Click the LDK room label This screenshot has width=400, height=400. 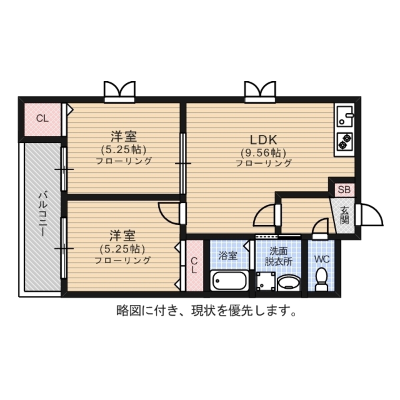pyautogui.click(x=264, y=140)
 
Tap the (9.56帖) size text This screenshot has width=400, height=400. pyautogui.click(x=263, y=152)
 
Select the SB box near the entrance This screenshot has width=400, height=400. pyautogui.click(x=344, y=190)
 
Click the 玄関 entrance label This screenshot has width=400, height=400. pyautogui.click(x=345, y=215)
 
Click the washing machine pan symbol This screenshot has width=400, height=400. pyautogui.click(x=265, y=281)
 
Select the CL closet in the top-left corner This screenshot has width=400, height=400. pyautogui.click(x=42, y=119)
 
